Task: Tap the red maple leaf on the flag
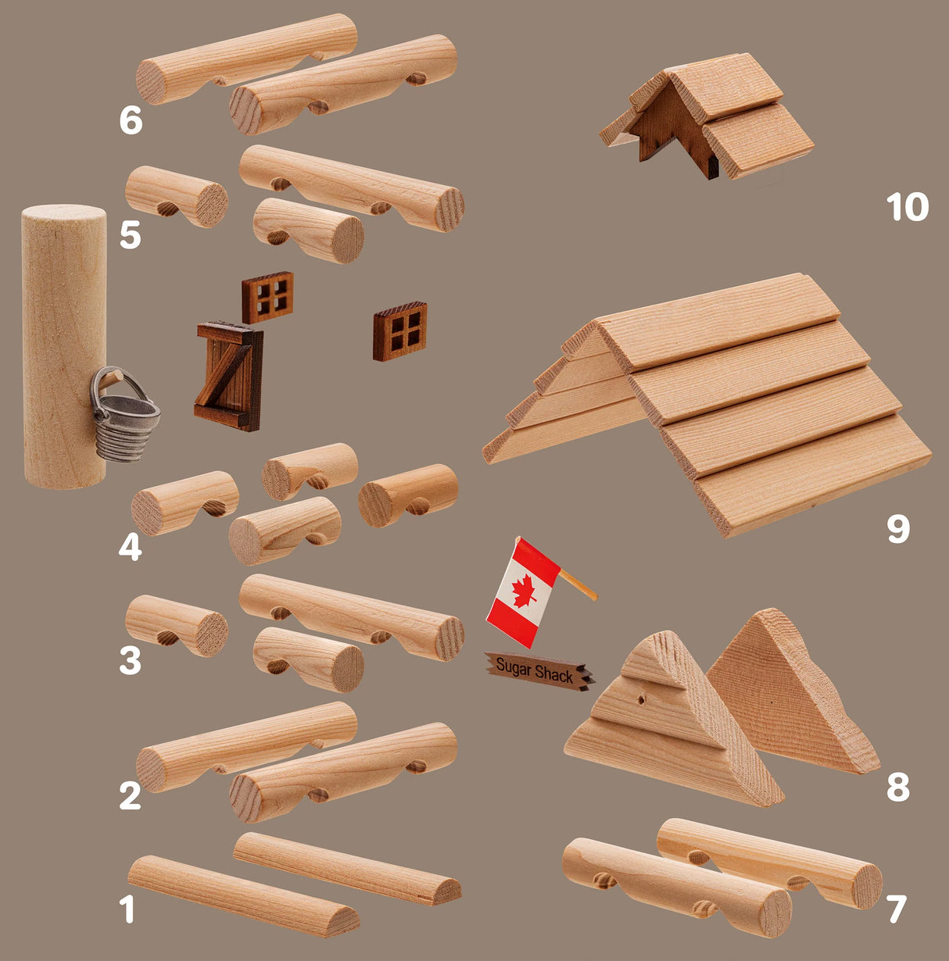pos(525,591)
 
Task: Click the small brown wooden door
pos(229,376)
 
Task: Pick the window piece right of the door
pos(400,331)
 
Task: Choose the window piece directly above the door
pos(267,298)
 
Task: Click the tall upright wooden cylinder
pos(64,347)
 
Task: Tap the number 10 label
pos(907,207)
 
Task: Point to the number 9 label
pos(898,530)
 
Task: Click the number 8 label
pos(898,788)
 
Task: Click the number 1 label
pos(127,909)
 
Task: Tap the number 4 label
pos(131,547)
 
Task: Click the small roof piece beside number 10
pos(707,117)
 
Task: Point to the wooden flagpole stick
pos(578,584)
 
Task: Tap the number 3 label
pos(130,661)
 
